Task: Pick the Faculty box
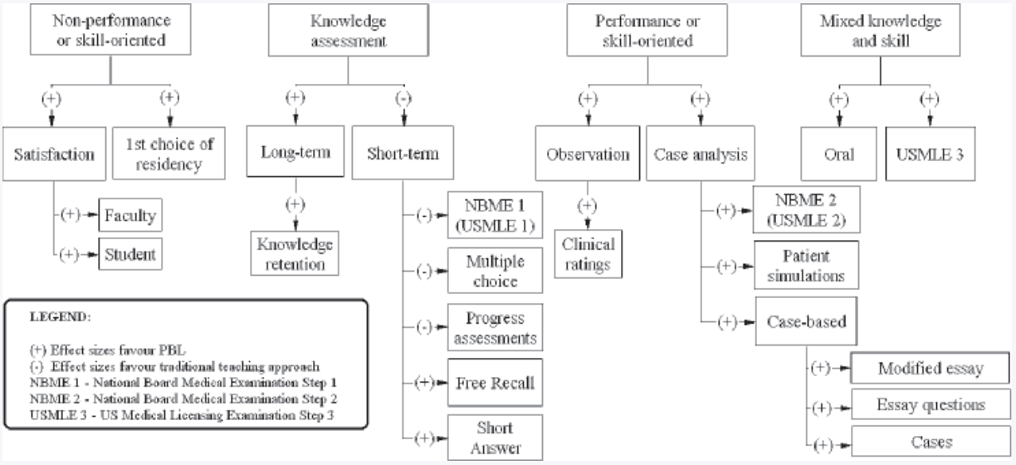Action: (129, 216)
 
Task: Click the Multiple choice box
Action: (491, 271)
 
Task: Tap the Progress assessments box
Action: (491, 328)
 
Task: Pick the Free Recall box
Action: (495, 383)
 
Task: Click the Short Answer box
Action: (495, 438)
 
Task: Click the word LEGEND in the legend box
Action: (53, 317)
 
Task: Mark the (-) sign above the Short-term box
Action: (403, 98)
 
